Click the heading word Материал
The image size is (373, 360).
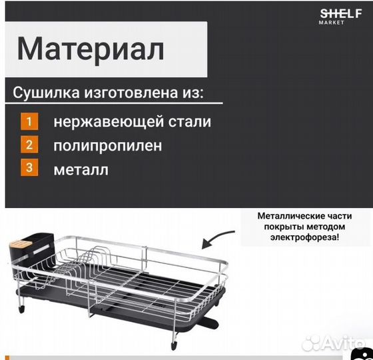pyautogui.click(x=90, y=48)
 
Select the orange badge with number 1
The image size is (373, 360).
pyautogui.click(x=29, y=122)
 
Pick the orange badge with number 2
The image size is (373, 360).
pyautogui.click(x=29, y=145)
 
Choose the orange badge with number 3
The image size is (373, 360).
pyautogui.click(x=29, y=167)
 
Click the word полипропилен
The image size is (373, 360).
pyautogui.click(x=108, y=145)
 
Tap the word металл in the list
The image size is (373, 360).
pyautogui.click(x=81, y=169)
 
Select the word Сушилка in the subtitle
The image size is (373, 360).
pyautogui.click(x=45, y=93)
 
